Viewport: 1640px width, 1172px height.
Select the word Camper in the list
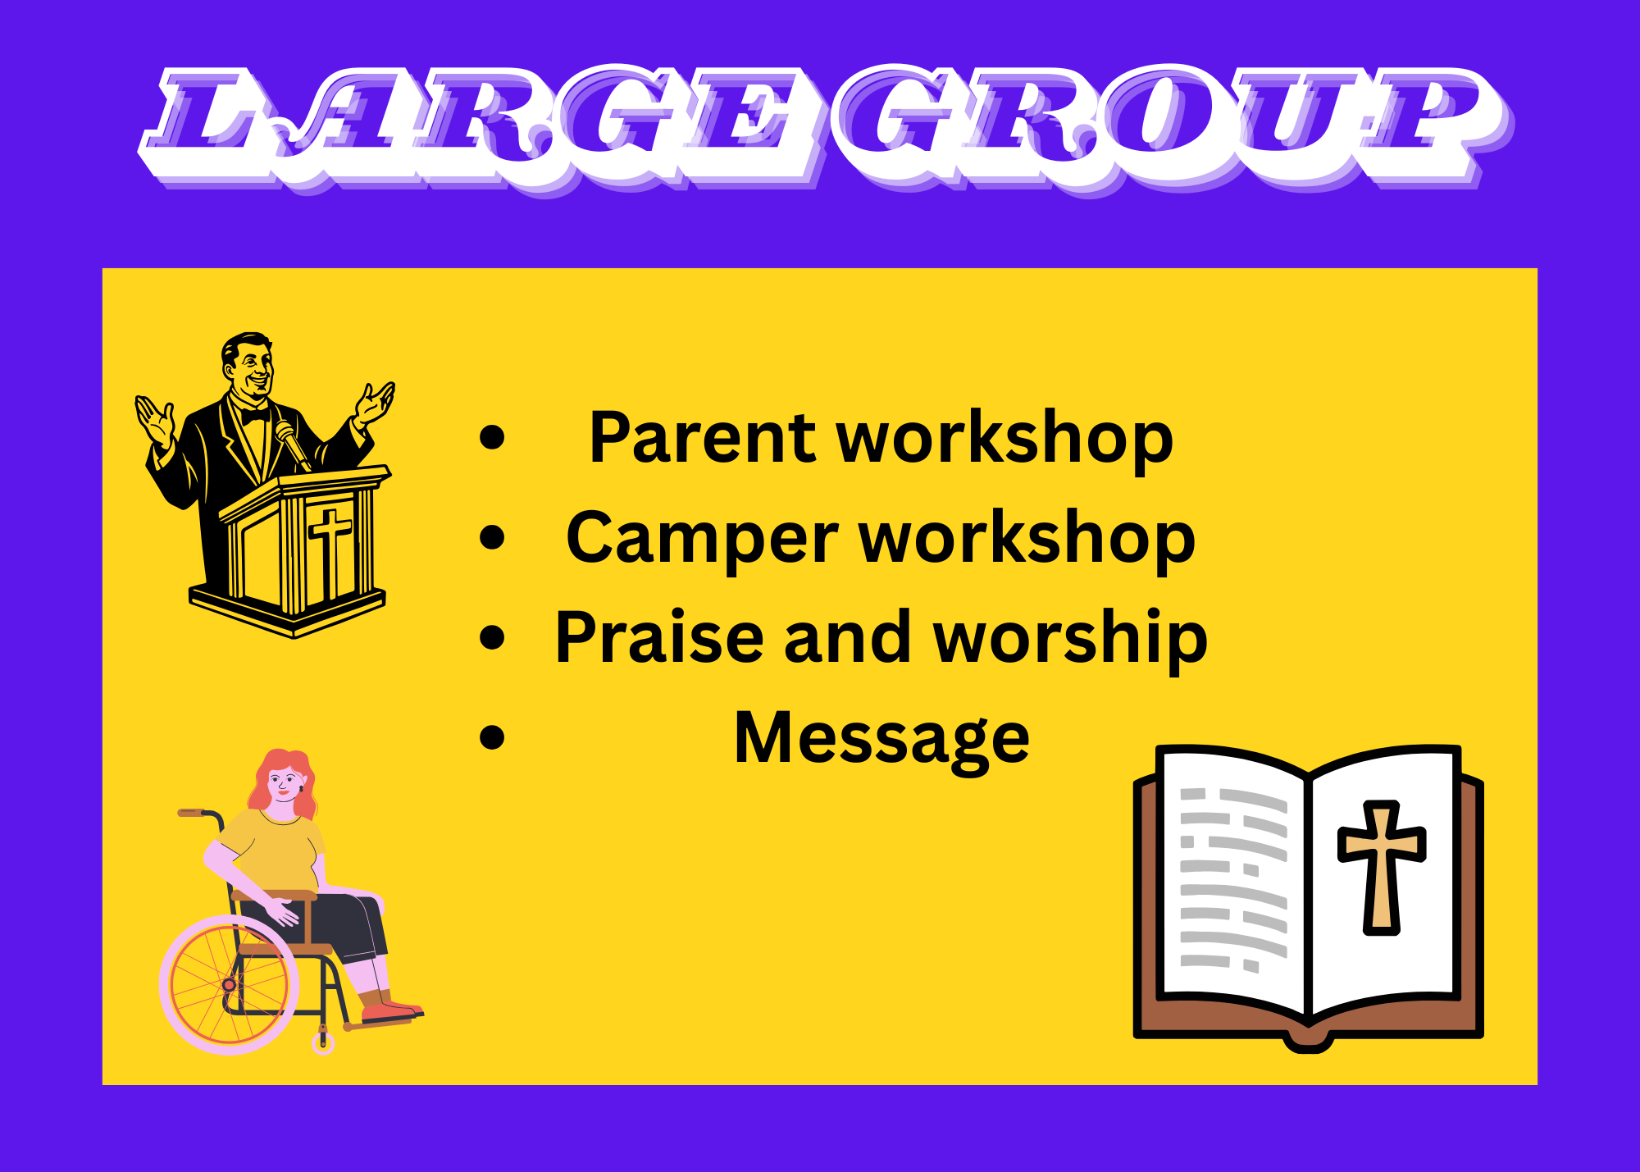702,540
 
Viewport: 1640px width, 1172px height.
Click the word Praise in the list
659,637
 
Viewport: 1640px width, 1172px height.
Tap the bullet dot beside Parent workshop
492,438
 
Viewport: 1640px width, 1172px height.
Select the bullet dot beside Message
492,736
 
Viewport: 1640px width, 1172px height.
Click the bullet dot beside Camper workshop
492,538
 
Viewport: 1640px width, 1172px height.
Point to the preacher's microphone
291,443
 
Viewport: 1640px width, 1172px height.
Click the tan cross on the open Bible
1382,866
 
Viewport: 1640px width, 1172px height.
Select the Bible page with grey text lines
1230,882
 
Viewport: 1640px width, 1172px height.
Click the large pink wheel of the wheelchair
229,984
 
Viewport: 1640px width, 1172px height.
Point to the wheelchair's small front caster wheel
323,1043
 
